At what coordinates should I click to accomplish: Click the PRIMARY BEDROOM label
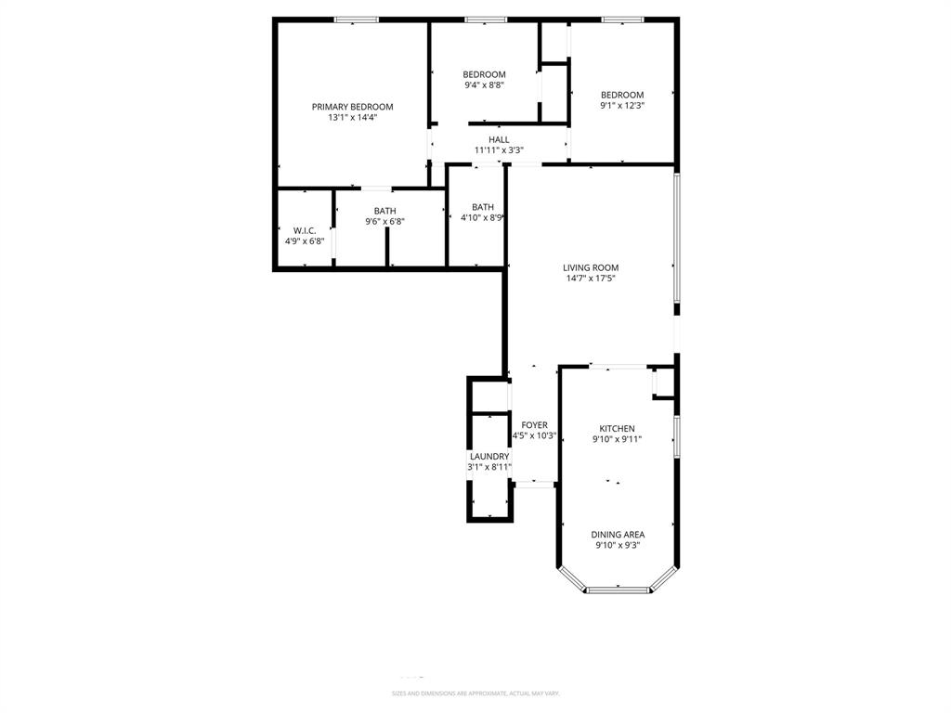pyautogui.click(x=352, y=107)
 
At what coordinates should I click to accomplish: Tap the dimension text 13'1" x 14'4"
pyautogui.click(x=352, y=118)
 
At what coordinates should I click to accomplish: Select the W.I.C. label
pyautogui.click(x=305, y=230)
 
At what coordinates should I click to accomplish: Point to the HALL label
pyautogui.click(x=499, y=139)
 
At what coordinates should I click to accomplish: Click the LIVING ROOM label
pyautogui.click(x=591, y=267)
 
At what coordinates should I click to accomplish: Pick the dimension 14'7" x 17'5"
pyautogui.click(x=591, y=279)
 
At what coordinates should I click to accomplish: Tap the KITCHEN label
pyautogui.click(x=617, y=429)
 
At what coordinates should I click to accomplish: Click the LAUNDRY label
pyautogui.click(x=489, y=457)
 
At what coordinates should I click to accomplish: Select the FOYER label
pyautogui.click(x=534, y=425)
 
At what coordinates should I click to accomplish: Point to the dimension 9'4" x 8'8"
pyautogui.click(x=484, y=85)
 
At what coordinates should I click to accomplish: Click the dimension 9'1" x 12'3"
pyautogui.click(x=621, y=106)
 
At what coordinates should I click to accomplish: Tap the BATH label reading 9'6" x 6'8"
pyautogui.click(x=384, y=211)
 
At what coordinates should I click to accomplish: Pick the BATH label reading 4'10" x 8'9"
pyautogui.click(x=483, y=207)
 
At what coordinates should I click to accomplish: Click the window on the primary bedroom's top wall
pyautogui.click(x=357, y=19)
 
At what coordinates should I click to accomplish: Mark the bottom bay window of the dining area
pyautogui.click(x=618, y=589)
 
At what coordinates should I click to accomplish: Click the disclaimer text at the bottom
pyautogui.click(x=475, y=694)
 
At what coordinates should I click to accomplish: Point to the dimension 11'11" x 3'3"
pyautogui.click(x=499, y=150)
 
